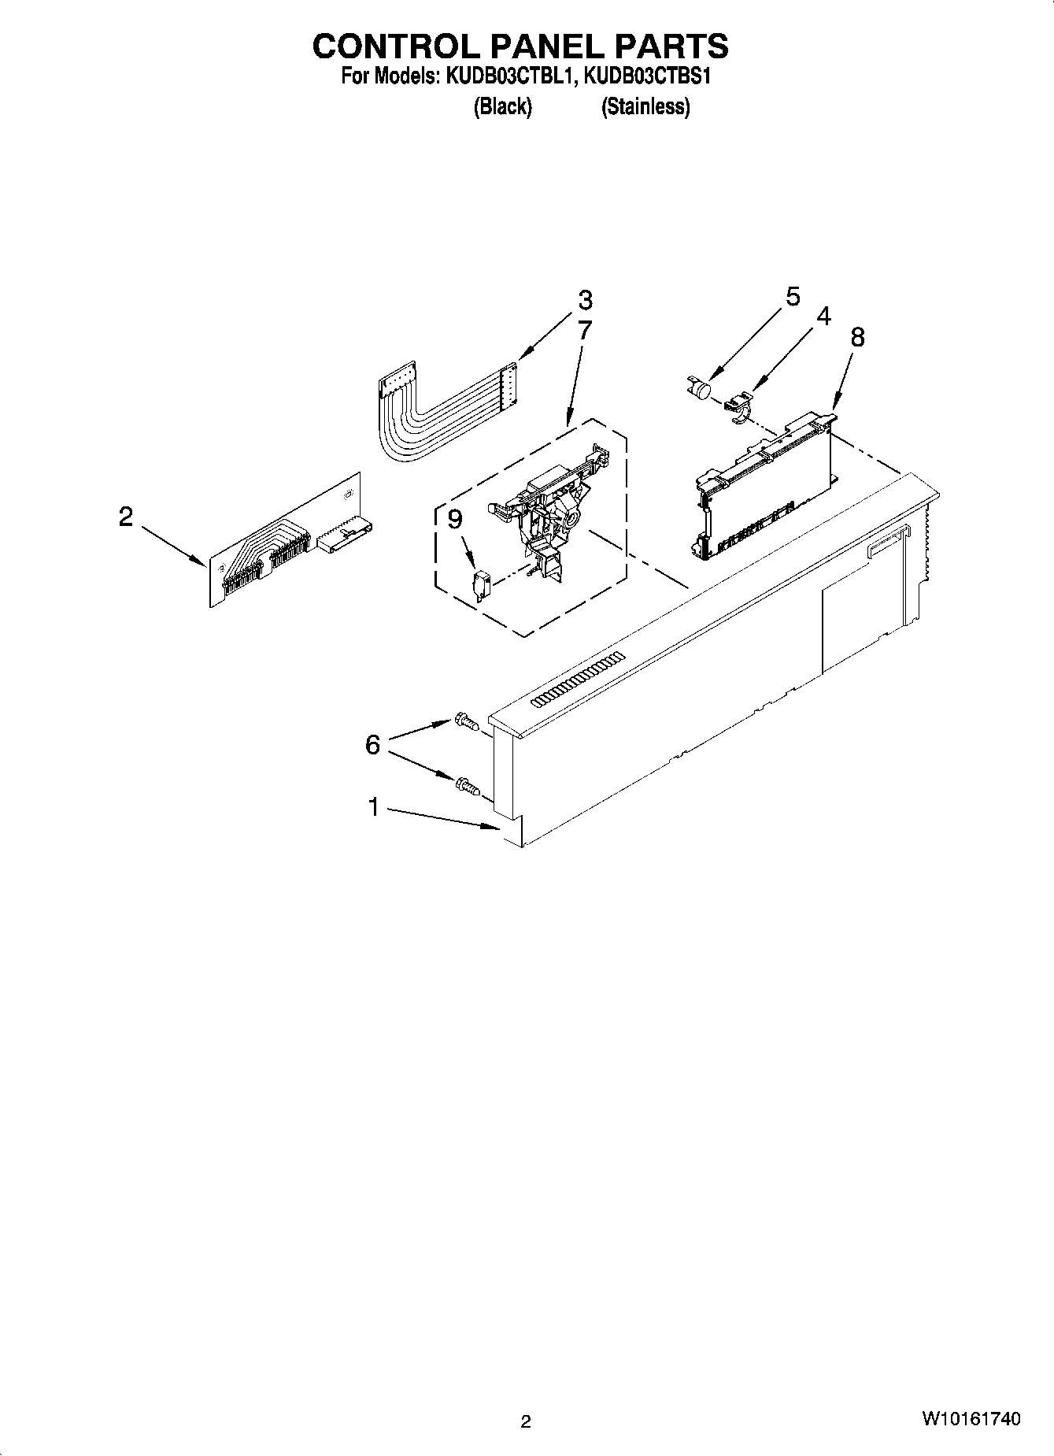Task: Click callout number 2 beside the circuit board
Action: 126,517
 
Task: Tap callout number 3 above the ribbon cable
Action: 584,300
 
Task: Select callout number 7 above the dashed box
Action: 583,330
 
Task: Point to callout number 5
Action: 793,297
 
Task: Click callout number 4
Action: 823,317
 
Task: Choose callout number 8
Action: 857,337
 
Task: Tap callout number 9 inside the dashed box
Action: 454,520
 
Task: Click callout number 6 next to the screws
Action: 372,744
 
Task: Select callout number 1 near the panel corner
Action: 374,807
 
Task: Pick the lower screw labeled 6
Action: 466,785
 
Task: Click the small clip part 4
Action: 738,407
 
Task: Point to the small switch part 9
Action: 482,586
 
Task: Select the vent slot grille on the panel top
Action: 578,678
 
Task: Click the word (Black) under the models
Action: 502,107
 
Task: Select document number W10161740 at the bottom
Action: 971,1419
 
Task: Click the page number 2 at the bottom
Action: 526,1421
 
